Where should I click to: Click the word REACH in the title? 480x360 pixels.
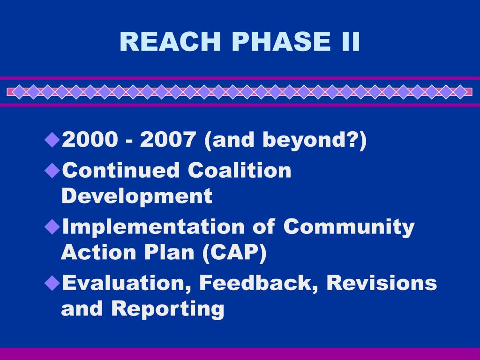170,41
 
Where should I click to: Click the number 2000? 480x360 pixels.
90,139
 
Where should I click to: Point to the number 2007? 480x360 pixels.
168,139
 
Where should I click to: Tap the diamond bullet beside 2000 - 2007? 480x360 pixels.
52,140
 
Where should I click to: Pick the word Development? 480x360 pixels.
136,196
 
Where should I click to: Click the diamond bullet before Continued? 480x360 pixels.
52,171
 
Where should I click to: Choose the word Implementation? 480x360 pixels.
153,227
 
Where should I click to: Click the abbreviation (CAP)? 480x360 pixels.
234,253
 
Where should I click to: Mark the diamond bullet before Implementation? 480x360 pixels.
52,227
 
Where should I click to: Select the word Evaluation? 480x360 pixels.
127,283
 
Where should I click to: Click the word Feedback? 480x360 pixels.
259,283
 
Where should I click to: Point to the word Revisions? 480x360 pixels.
382,283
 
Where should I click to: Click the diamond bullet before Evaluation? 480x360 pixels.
52,283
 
